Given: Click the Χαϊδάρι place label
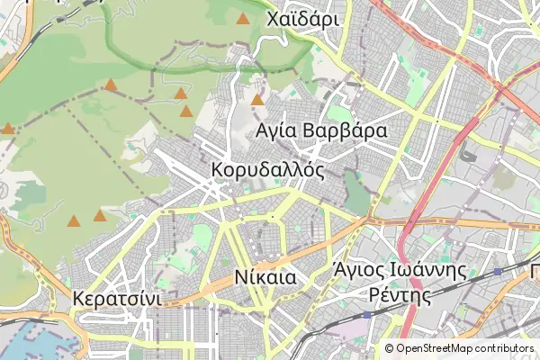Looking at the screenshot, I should (301, 19).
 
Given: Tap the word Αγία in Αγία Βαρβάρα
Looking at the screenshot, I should (277, 132).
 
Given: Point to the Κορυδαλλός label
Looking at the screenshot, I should (267, 170).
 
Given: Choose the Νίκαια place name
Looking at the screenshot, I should (265, 277).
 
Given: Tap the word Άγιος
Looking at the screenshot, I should (360, 270).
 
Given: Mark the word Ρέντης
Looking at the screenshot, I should (397, 294).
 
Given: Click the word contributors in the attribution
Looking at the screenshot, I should (505, 348).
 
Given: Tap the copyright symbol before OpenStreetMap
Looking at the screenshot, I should (390, 348).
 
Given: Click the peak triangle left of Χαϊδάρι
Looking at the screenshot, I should (242, 18).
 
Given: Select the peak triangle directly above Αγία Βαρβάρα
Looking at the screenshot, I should (257, 100).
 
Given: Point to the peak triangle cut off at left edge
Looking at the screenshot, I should (7, 129).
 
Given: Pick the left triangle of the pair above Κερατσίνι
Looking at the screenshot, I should (74, 220).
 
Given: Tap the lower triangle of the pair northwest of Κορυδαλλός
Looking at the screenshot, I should (186, 112).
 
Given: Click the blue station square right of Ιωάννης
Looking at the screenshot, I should (498, 271).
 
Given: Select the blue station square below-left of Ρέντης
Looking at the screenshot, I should (367, 316).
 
